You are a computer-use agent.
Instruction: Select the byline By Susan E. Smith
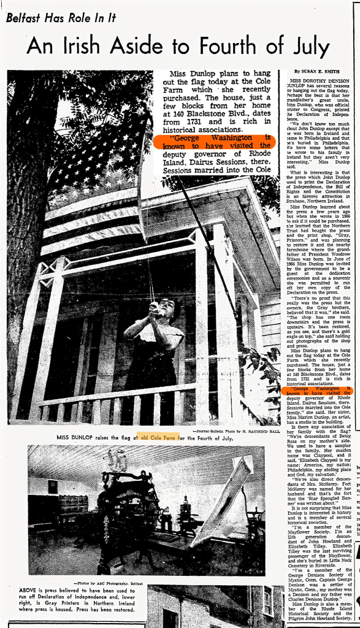317,72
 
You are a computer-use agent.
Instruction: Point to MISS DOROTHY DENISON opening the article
319,80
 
